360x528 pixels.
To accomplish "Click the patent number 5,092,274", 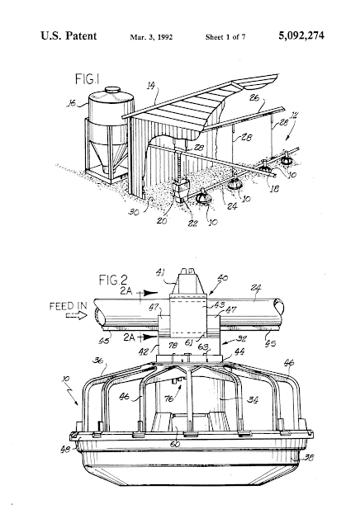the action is click(301, 35).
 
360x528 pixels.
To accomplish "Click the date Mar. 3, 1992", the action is click(151, 37).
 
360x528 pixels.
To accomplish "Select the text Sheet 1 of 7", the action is click(225, 37).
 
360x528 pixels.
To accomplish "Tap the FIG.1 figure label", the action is click(87, 79).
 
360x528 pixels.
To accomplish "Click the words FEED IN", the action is click(68, 306).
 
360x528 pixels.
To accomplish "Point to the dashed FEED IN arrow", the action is click(76, 316).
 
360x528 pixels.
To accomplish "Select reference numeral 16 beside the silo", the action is click(71, 103).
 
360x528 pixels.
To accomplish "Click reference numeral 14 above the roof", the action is click(151, 86).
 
